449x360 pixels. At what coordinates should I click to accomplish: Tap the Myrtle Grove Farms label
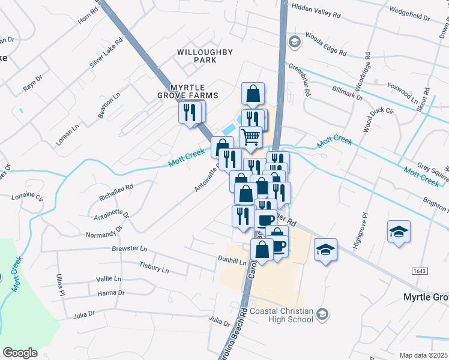(186, 91)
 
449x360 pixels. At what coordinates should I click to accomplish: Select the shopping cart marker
(251, 137)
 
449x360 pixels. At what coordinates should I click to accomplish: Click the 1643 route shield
(421, 272)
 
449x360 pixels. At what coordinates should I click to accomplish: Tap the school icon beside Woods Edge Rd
(294, 41)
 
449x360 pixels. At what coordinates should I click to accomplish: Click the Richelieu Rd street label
(116, 195)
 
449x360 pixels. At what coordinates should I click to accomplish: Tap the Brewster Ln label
(129, 248)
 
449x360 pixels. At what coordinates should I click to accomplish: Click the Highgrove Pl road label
(364, 227)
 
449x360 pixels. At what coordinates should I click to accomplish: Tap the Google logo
(20, 353)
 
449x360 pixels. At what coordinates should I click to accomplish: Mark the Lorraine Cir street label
(27, 197)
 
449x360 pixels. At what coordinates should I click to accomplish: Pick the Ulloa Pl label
(61, 284)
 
